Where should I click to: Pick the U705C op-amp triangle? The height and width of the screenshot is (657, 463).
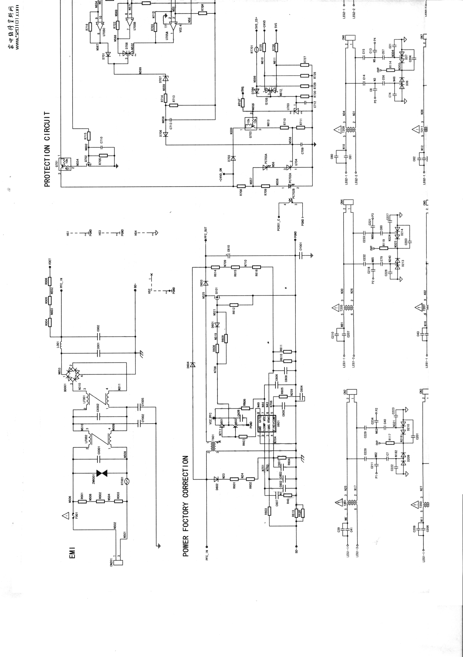100,26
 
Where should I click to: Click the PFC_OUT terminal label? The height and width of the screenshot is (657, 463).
206,233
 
